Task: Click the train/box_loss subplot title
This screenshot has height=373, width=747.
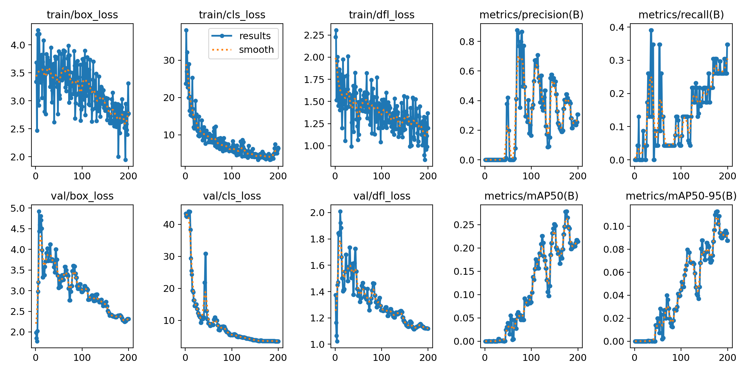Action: [x=82, y=15]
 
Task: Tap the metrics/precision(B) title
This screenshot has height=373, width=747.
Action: [x=531, y=15]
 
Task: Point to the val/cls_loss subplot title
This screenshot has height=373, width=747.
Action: [x=232, y=196]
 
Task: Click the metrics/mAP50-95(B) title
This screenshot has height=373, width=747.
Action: [x=681, y=196]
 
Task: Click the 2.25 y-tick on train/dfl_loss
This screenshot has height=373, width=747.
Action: [x=314, y=35]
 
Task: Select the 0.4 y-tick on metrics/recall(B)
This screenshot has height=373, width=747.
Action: [x=617, y=27]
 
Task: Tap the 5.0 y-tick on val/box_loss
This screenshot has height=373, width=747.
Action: [x=17, y=208]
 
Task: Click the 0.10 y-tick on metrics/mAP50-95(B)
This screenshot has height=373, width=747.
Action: [x=614, y=226]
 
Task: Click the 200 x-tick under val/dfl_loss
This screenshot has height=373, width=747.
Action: [x=428, y=358]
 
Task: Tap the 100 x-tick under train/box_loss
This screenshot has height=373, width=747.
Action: [x=82, y=176]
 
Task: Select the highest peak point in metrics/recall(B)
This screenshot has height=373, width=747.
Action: [x=651, y=30]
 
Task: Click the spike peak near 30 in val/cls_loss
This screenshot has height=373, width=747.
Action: [x=206, y=254]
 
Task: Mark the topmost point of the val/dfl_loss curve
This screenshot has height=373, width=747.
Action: [x=340, y=212]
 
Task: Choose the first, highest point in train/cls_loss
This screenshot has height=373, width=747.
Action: [x=186, y=30]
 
